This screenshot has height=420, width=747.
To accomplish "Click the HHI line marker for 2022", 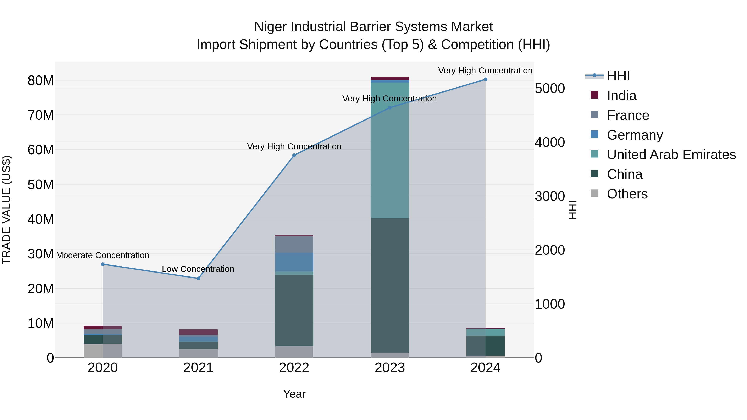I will pos(294,155).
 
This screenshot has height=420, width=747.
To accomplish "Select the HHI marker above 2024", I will pos(485,79).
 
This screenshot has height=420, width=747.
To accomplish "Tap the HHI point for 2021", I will pos(198,278).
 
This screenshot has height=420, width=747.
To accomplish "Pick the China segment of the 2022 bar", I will pos(294,310).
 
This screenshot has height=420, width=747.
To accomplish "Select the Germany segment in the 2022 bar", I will pos(294,262).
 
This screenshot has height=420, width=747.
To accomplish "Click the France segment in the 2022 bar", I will pos(294,244).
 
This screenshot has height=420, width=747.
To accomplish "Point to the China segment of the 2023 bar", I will pos(390,286).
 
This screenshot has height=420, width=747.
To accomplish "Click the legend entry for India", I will pos(621,96).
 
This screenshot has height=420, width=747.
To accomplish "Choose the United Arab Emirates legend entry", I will pos(671,155).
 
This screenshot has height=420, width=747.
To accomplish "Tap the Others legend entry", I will pos(627,194).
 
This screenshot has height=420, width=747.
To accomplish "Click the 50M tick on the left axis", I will pos(41,185).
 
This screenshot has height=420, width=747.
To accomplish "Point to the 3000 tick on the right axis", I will pos(549,196).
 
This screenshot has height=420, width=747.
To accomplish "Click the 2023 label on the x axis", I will pos(390,368).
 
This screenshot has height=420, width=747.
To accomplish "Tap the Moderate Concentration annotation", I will pos(103,255).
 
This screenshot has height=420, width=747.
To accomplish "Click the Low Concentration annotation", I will pos(198,269).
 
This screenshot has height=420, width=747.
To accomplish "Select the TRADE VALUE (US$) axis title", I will pos(6,210).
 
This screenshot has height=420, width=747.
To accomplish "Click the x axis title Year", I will pos(294,394).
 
